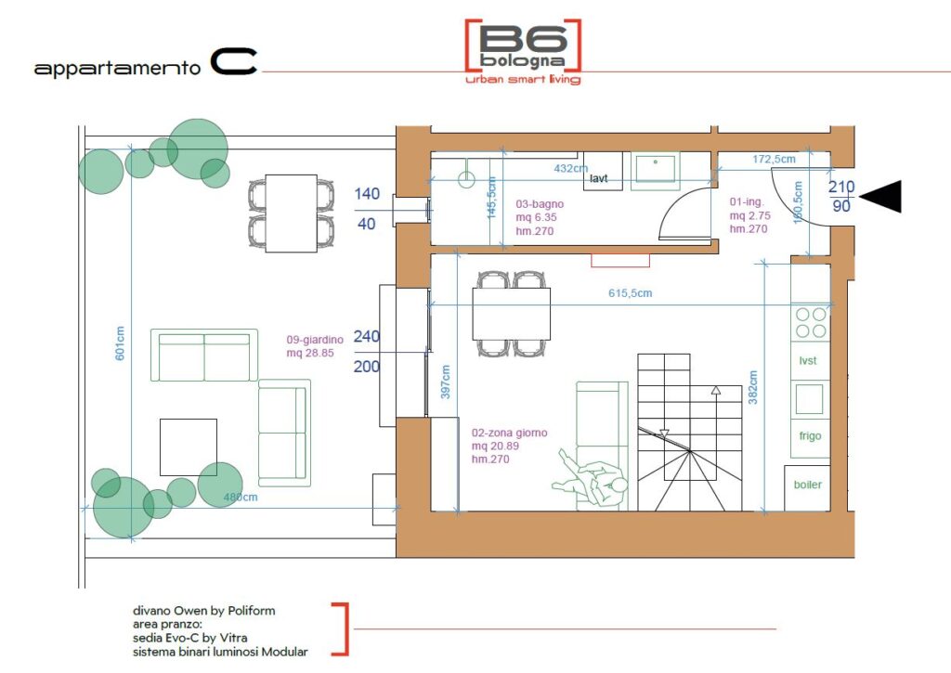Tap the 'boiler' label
[x=807, y=485]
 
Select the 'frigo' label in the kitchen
[x=810, y=435]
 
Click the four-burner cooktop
[x=811, y=322]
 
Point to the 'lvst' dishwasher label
[x=808, y=361]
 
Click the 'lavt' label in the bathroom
[x=599, y=178]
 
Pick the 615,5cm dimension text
[x=631, y=292]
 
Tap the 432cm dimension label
[x=571, y=168]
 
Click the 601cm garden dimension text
[x=120, y=343]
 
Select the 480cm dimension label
[x=241, y=498]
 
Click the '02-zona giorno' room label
[x=510, y=433]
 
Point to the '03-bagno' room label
[x=540, y=204]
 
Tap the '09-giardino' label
[x=315, y=340]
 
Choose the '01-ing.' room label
[x=747, y=202]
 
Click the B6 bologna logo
[x=523, y=52]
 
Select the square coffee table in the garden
[x=188, y=447]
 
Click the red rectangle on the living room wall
[x=620, y=260]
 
